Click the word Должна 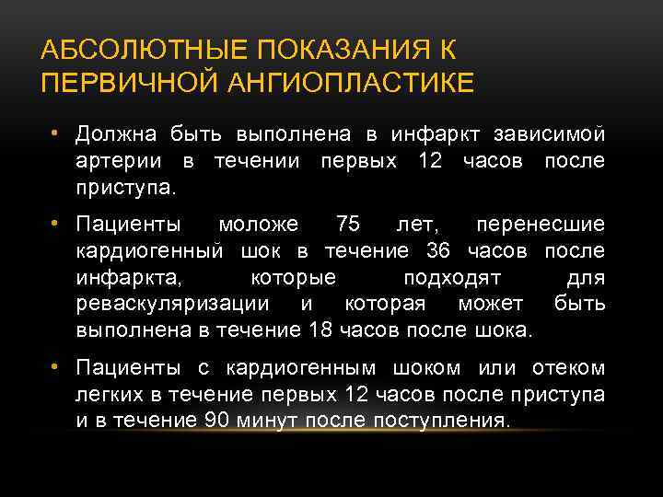pos(116,135)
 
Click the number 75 pos(349,224)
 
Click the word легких pos(106,395)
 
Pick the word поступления pos(435,421)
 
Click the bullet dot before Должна pos(56,135)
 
